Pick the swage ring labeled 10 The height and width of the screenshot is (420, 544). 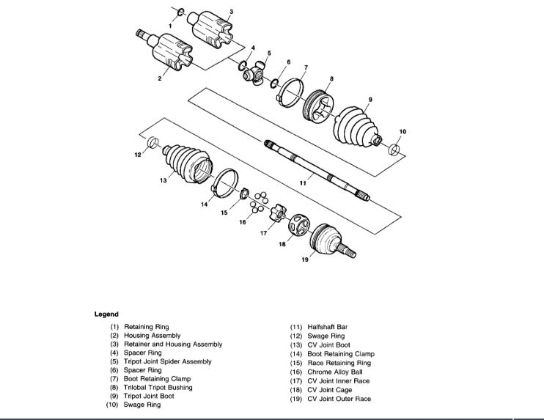pos(394,150)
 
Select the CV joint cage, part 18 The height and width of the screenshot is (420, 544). pos(299,226)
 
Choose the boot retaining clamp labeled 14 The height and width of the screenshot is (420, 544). pos(226,183)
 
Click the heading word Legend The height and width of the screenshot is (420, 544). pos(106,314)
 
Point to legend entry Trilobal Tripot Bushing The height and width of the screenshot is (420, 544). pos(158,388)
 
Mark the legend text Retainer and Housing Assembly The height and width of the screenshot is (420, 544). pos(173,344)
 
